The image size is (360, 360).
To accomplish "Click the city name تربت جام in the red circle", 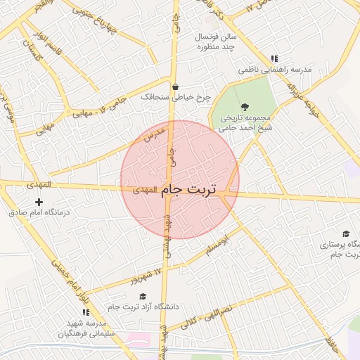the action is [188, 189].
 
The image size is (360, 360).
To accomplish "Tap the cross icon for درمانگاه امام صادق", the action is [39, 202].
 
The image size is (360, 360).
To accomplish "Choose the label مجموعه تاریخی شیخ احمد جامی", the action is [245, 123].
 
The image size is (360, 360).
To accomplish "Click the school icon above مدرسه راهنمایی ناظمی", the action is [274, 59].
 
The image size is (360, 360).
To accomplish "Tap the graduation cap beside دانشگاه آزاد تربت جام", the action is [143, 297].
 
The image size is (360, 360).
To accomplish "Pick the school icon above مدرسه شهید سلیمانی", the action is [86, 312].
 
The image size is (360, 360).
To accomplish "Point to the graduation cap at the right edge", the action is [346, 234].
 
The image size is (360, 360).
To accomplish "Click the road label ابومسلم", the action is [218, 247].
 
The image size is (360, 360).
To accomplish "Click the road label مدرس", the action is [153, 134].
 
